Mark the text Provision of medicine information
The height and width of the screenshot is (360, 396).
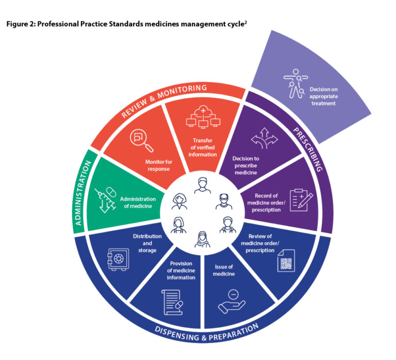[x=180, y=270]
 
